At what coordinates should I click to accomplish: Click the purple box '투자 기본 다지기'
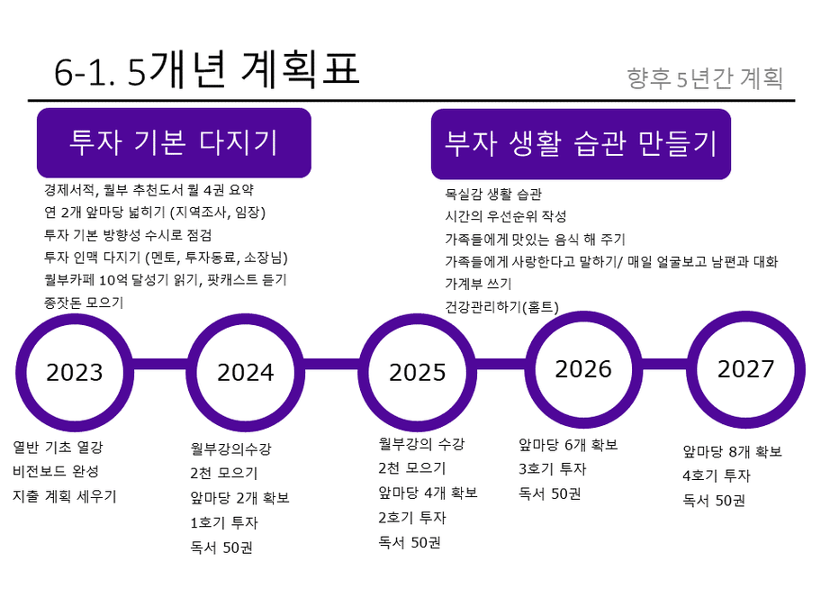point(174,142)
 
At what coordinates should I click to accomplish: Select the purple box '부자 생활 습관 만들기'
point(581,144)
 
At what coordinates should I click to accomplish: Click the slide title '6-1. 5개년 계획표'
point(207,70)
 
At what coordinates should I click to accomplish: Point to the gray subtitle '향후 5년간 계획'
point(705,78)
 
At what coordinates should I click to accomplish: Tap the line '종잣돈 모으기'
point(84,303)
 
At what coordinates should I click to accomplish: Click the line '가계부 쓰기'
point(478,284)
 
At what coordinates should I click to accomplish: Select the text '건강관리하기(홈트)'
point(501,306)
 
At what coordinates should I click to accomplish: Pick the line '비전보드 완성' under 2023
point(56,471)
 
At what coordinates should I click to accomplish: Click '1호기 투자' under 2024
point(224,522)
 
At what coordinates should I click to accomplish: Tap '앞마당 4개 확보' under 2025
point(428,493)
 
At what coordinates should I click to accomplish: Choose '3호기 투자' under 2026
point(553,469)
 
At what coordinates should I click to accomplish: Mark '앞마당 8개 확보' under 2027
point(733,451)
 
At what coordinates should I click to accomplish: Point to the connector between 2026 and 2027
point(665,364)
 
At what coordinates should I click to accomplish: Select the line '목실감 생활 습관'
point(493,195)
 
